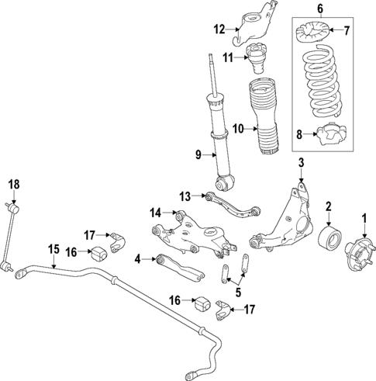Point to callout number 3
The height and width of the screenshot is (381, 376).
pyautogui.click(x=300, y=161)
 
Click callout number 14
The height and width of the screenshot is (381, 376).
pyautogui.click(x=155, y=213)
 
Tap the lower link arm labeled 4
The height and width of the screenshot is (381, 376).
pyautogui.click(x=179, y=265)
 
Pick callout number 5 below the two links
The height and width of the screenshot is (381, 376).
pyautogui.click(x=237, y=293)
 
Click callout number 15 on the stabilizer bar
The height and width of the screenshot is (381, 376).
pyautogui.click(x=53, y=248)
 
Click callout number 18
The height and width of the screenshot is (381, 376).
pyautogui.click(x=12, y=184)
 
